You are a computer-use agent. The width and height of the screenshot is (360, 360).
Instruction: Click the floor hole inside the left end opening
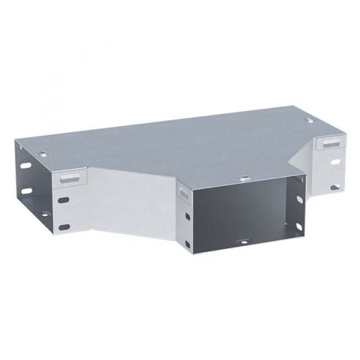pos(43,213)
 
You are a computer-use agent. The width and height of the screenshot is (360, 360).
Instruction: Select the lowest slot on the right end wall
pos(336,188)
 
